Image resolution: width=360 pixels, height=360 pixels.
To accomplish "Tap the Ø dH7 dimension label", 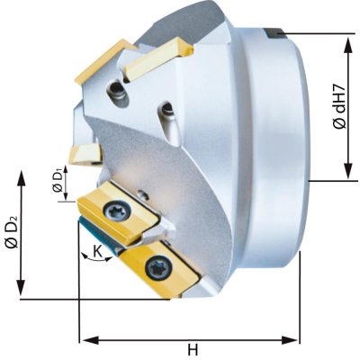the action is point(340,107).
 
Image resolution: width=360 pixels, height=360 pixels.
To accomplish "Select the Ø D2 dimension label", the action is point(13,231).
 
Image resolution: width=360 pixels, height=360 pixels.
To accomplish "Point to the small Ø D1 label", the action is point(58,180).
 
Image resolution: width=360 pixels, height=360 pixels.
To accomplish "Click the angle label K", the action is point(97,251).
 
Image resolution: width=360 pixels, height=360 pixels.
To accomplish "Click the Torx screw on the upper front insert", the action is point(117,210).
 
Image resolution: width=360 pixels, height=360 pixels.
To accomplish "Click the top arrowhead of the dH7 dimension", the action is point(348,45).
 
